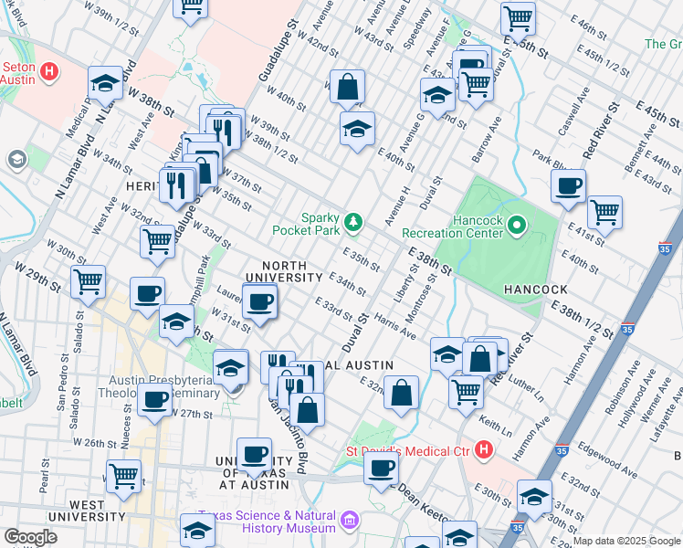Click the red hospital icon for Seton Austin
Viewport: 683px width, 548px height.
click(51, 70)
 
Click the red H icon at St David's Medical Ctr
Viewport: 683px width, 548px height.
click(484, 449)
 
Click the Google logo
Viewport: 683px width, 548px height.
click(30, 537)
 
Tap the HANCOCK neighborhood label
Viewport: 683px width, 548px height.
click(535, 289)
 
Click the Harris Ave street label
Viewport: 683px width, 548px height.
click(394, 330)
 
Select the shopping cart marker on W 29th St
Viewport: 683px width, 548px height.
click(88, 280)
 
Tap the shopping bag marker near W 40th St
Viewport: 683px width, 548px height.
click(347, 87)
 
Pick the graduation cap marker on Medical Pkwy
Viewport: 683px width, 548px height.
click(106, 84)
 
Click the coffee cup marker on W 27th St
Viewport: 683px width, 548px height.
click(155, 399)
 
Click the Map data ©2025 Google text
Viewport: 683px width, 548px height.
click(626, 541)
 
